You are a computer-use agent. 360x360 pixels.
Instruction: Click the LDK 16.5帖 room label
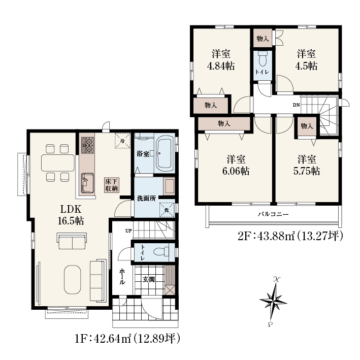71,215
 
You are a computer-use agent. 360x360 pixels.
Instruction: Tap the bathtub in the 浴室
165,154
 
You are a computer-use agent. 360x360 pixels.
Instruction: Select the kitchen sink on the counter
87,183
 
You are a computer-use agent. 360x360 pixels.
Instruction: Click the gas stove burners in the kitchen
88,145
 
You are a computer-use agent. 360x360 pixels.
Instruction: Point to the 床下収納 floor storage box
112,185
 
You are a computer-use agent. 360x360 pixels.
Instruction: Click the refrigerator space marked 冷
122,141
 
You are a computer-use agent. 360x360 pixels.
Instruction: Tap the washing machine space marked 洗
167,210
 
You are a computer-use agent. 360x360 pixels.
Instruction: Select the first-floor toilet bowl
161,252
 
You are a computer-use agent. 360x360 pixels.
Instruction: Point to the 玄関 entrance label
149,279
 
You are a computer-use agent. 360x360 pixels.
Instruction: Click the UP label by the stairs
128,231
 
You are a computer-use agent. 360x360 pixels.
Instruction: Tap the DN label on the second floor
296,105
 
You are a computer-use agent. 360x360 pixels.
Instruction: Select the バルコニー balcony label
273,214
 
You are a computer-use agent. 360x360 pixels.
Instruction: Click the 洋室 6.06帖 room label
236,165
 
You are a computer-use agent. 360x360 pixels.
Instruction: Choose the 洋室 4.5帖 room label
306,60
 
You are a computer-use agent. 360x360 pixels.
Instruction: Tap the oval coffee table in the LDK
72,279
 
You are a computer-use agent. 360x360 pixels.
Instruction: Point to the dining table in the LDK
58,163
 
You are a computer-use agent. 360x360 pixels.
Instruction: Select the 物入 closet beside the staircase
307,126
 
